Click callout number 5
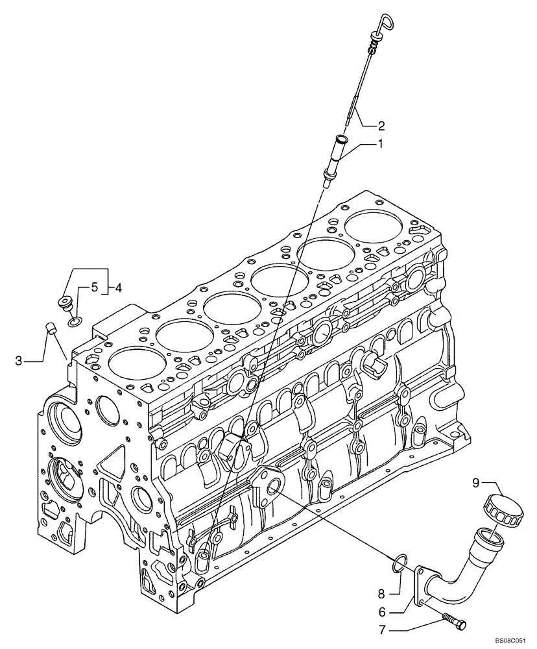[94, 286]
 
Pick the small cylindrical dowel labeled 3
[50, 328]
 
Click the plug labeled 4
[65, 302]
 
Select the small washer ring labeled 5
[75, 320]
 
